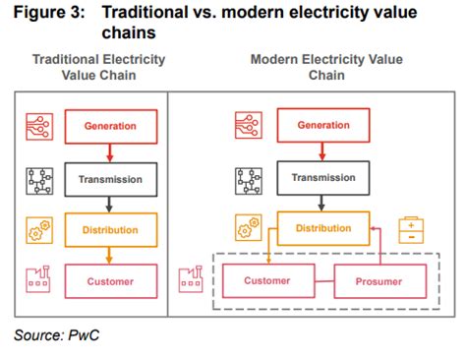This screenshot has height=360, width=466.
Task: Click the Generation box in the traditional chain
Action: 111,125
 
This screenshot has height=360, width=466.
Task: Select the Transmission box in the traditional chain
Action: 111,179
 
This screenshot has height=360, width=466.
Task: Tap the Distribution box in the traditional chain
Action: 111,231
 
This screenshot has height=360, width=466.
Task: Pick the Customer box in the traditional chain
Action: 111,281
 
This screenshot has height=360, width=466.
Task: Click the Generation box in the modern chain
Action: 322,125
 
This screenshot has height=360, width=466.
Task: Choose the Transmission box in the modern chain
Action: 322,178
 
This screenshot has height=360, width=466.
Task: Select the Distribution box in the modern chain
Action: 324,228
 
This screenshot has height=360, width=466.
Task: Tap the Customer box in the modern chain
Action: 266,281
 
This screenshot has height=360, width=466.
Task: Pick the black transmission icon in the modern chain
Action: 250,179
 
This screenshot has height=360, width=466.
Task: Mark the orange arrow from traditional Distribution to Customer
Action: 111,257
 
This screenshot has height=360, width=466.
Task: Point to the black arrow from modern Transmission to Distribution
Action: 323,204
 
